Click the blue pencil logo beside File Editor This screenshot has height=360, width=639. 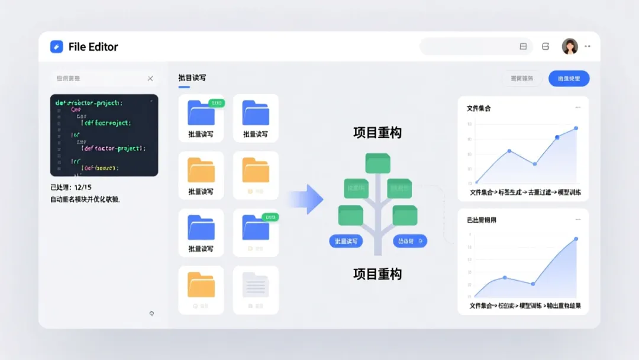[x=57, y=47]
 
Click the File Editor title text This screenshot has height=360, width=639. [x=93, y=47]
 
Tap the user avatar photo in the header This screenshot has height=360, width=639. [x=570, y=47]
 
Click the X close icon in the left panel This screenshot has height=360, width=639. [x=150, y=78]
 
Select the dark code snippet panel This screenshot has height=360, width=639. [x=104, y=135]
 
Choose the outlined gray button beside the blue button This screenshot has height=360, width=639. [x=522, y=78]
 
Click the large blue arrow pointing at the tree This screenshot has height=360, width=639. [x=307, y=199]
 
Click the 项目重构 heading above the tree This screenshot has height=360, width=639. [x=377, y=133]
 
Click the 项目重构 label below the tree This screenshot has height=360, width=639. [x=377, y=274]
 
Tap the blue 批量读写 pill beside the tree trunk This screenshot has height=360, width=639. [x=346, y=241]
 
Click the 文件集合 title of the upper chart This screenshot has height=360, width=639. [x=479, y=108]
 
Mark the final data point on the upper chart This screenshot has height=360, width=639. [x=576, y=128]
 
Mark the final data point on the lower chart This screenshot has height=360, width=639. [x=576, y=239]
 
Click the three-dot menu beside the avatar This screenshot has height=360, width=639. [x=588, y=46]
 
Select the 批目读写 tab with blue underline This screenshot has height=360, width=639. [x=192, y=78]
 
